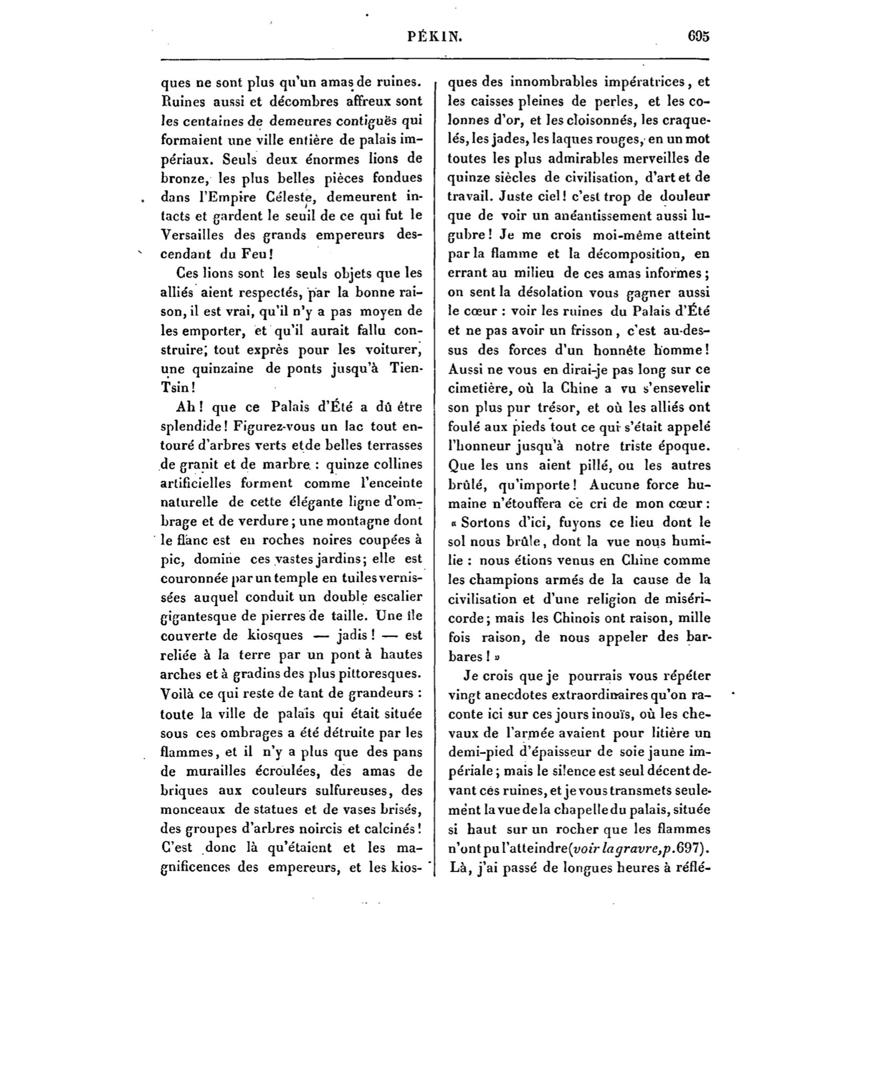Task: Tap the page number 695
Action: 699,37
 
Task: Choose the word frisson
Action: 593,331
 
